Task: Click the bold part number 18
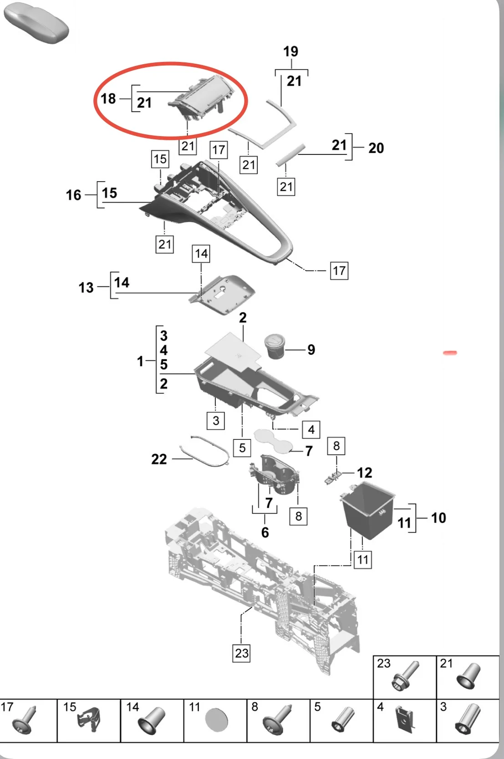(108, 98)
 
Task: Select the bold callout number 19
(290, 51)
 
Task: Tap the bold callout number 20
(376, 148)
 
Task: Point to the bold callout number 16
(73, 195)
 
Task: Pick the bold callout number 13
(86, 288)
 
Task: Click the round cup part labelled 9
(275, 346)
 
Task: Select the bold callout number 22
(159, 459)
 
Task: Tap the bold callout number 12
(364, 473)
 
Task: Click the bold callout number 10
(438, 518)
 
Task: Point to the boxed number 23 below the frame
(242, 653)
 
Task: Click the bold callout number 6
(265, 532)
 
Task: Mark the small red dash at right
(449, 353)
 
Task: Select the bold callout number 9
(311, 350)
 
